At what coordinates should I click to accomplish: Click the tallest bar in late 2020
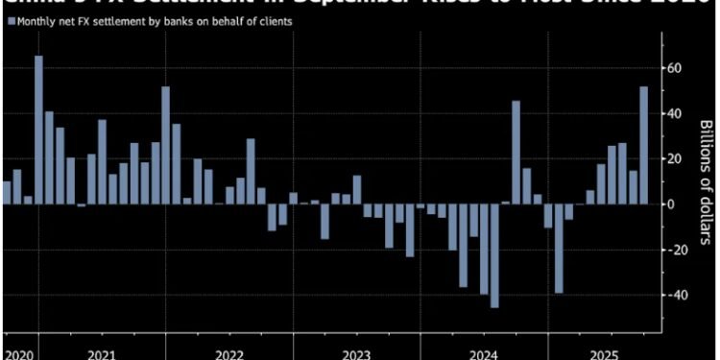pyautogui.click(x=38, y=130)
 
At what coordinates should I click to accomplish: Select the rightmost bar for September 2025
pyautogui.click(x=643, y=145)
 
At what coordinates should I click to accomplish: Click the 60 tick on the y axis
pyautogui.click(x=676, y=68)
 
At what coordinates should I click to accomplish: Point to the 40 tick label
pyautogui.click(x=676, y=113)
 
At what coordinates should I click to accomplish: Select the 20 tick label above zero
pyautogui.click(x=676, y=158)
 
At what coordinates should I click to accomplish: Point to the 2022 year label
pyautogui.click(x=228, y=353)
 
